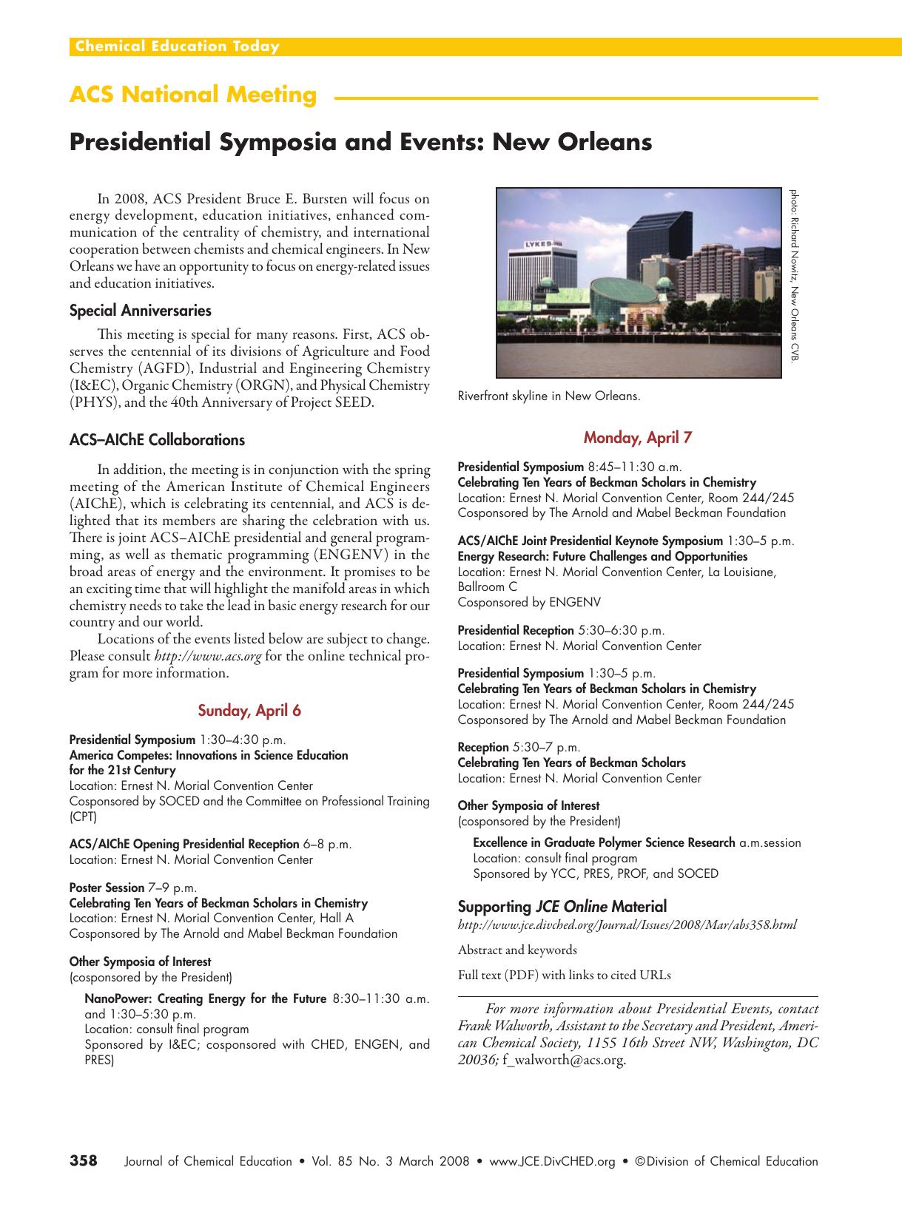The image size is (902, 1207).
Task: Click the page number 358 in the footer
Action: click(x=84, y=1160)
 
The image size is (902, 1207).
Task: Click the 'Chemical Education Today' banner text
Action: click(x=175, y=47)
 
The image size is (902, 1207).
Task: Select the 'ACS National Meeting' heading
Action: click(x=193, y=95)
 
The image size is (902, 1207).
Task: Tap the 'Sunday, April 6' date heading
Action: click(x=249, y=711)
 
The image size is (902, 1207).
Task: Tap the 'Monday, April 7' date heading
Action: click(x=637, y=437)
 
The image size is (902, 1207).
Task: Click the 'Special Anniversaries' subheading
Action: click(x=140, y=311)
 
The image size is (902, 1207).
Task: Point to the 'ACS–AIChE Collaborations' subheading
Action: click(x=157, y=440)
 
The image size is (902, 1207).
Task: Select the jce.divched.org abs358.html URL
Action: click(x=627, y=925)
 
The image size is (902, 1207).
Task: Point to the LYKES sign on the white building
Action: click(x=542, y=243)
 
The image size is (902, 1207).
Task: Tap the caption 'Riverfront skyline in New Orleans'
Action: click(x=548, y=396)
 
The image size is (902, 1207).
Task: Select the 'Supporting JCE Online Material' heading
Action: click(x=562, y=906)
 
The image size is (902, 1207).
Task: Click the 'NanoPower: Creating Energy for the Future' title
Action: click(x=205, y=998)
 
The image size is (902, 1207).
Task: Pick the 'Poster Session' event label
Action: click(x=107, y=887)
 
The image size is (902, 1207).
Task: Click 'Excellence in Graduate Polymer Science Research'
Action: click(x=604, y=842)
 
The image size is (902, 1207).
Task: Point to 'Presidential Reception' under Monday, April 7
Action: click(x=516, y=630)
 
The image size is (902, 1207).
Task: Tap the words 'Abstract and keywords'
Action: click(x=517, y=950)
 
